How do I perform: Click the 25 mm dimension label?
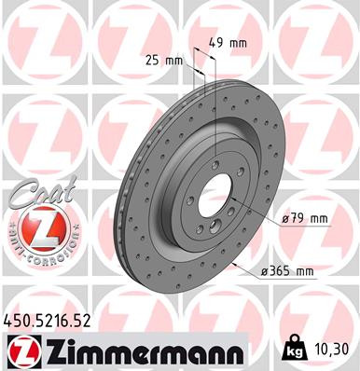[165, 61]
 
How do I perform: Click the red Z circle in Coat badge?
[34, 227]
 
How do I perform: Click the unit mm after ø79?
[320, 219]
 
